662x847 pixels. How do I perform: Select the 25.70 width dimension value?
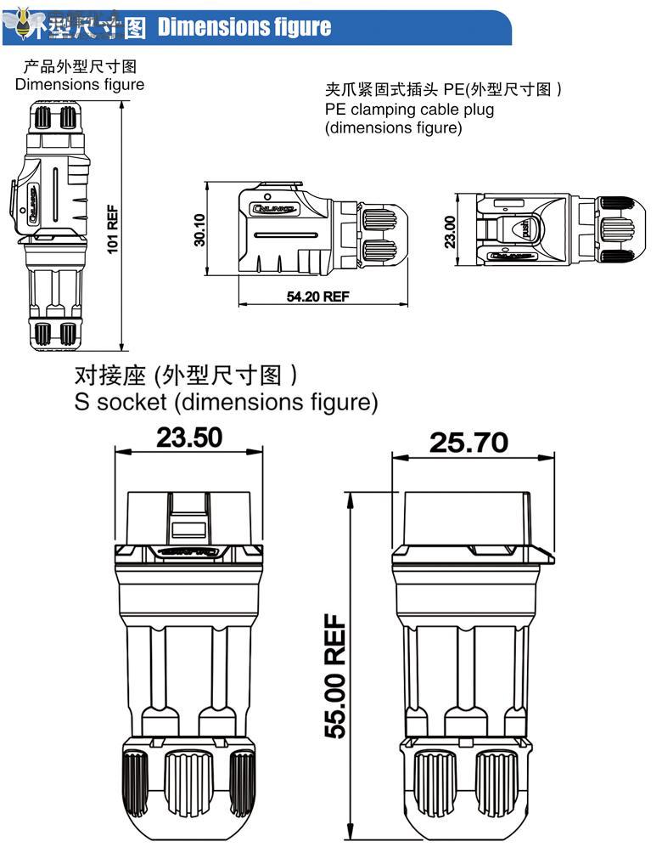coord(468,442)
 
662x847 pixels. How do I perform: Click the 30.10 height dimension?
coord(200,229)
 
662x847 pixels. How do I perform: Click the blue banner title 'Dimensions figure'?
coord(244,27)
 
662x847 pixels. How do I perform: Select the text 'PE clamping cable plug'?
coord(409,110)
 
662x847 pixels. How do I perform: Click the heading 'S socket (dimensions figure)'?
coord(226,401)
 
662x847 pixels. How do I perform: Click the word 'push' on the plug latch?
coord(525,229)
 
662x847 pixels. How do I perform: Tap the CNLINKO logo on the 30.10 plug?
coord(272,206)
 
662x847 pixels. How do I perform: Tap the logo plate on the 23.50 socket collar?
coord(188,553)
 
